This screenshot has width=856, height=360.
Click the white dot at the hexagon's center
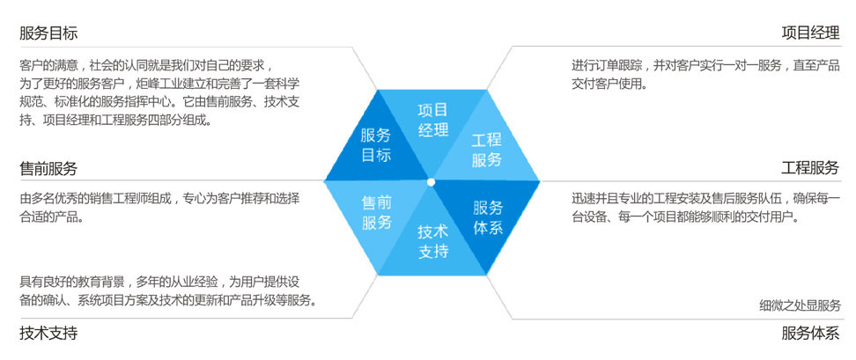432,181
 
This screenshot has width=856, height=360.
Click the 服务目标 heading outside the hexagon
48,33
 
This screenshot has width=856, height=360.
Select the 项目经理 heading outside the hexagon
810,33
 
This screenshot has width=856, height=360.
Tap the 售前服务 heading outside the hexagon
48,168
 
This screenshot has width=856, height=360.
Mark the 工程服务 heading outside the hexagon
810,167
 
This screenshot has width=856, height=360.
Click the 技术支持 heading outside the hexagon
48,332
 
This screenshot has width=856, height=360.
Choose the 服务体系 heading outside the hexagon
810,332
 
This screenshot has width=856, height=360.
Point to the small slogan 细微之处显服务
800,305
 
